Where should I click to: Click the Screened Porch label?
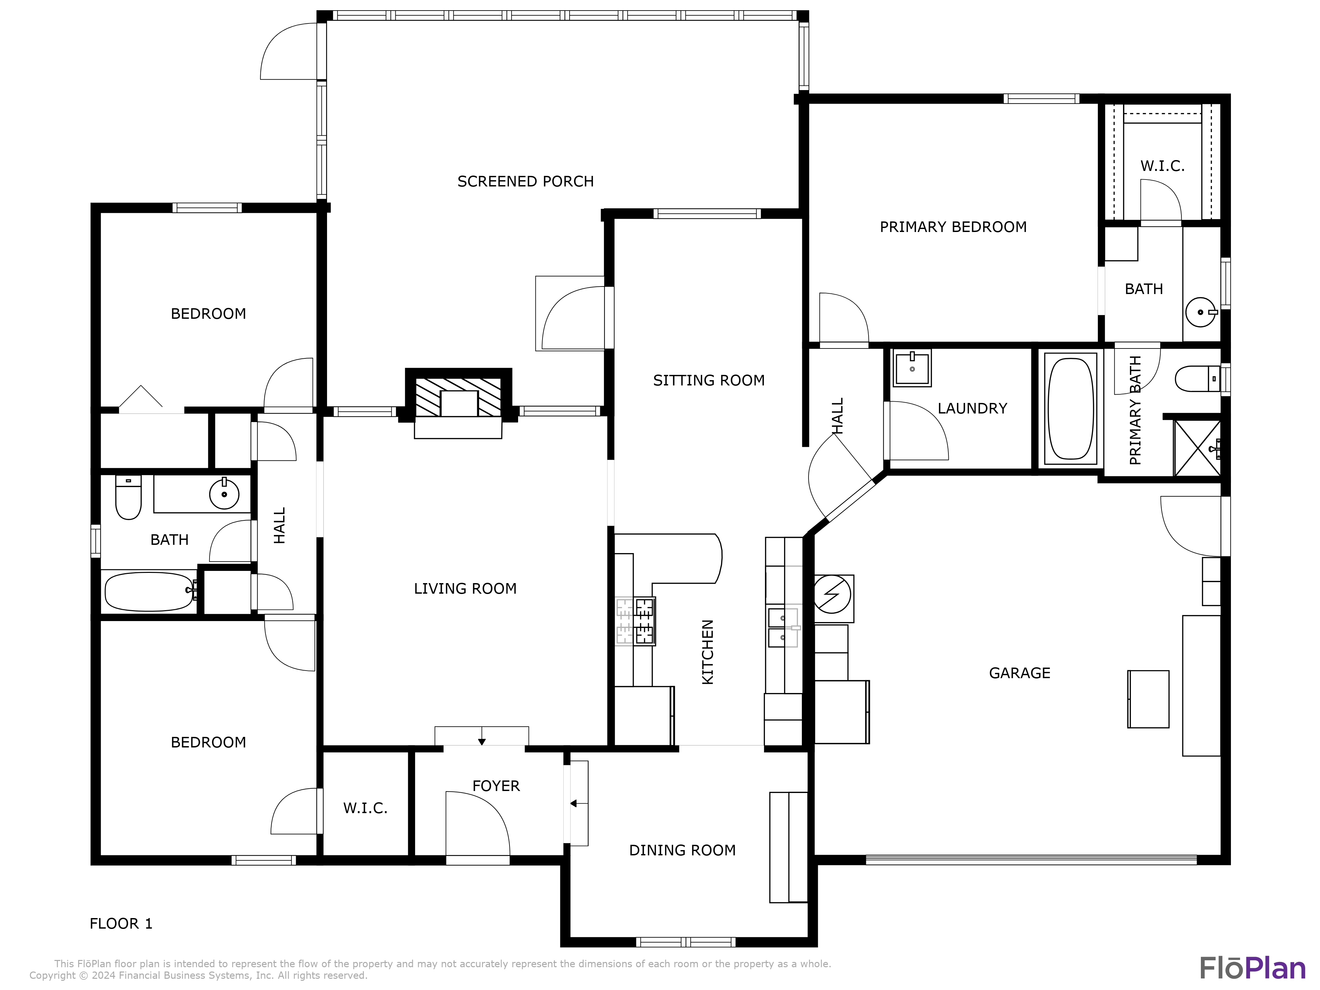coord(525,181)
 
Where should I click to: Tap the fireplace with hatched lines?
coord(458,397)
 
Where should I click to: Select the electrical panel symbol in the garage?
coord(833,594)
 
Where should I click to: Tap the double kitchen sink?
coord(782,628)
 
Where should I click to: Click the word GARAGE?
coord(1019,673)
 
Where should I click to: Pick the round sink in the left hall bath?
coord(224,494)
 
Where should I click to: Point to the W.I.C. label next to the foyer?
coord(365,808)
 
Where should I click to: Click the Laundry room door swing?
coord(916,431)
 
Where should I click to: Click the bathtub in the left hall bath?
coord(148,591)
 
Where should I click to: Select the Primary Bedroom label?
coord(953,227)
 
